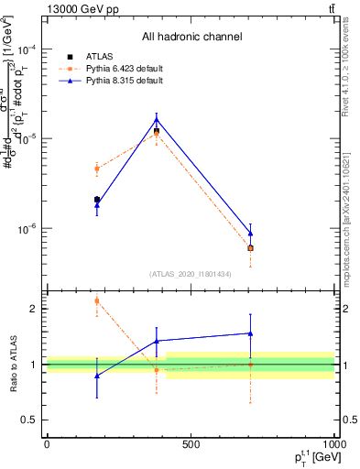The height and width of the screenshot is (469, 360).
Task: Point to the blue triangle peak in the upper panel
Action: [x=157, y=119]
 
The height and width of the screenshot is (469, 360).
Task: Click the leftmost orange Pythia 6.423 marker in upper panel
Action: [x=97, y=169]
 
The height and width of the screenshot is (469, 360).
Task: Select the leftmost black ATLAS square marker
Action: [x=97, y=200]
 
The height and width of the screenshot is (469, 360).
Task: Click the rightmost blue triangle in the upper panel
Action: [x=250, y=234]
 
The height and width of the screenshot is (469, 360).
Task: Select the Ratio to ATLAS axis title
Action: [x=12, y=365]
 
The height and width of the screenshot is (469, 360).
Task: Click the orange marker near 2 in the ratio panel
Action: [x=97, y=300]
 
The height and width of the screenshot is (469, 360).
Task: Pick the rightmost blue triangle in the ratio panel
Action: [x=250, y=333]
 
